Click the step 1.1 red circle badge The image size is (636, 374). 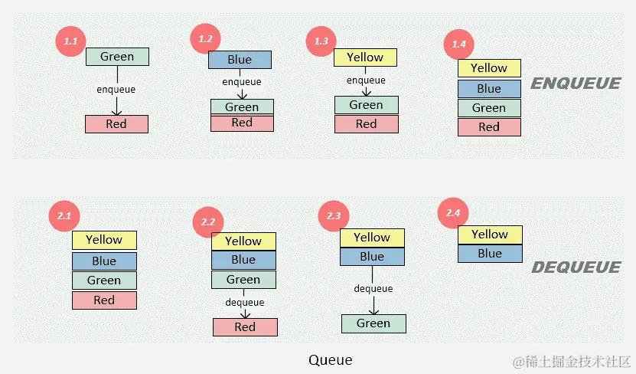pos(70,41)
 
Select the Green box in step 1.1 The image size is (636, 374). pos(117,57)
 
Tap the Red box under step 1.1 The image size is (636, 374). pos(116,123)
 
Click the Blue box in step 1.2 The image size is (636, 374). pos(240,60)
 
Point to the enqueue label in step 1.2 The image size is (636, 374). pos(241,82)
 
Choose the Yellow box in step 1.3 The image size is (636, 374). pos(365,57)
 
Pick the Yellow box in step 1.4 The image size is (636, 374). pos(489,68)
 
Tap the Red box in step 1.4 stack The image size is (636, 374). pos(489,127)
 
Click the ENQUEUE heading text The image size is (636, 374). pos(576,84)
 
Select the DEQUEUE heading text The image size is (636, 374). pos(576,267)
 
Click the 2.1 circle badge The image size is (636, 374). pos(64,217)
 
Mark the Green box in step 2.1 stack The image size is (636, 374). pos(104,280)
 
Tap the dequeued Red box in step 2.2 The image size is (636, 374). pos(245,327)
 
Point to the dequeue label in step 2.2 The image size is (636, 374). pos(245,303)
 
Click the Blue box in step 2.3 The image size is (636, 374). pos(372,257)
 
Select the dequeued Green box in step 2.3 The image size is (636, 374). pos(373,323)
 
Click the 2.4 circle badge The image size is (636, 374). pos(452,212)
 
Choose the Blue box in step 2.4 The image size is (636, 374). pos(490,254)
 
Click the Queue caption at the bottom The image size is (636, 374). pos(331,359)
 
